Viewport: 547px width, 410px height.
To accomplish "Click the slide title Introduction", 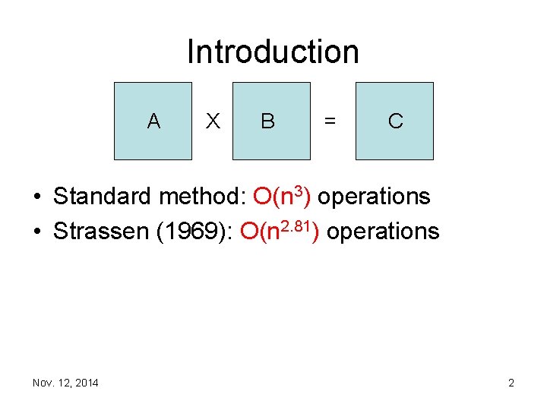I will coord(273,52).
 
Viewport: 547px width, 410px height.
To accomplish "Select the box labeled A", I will coord(153,121).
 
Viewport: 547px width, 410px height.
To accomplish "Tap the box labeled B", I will coord(270,121).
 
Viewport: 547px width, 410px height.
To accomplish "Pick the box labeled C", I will coord(394,121).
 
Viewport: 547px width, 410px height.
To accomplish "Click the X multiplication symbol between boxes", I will coord(213,121).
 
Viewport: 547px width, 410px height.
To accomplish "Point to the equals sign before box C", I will coord(330,121).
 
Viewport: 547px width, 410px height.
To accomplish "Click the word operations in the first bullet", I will coord(375,197).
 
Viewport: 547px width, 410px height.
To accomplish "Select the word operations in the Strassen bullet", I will coord(383,231).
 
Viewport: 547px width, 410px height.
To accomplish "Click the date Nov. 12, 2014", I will coord(65,383).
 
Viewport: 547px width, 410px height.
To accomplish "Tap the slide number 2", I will coord(511,383).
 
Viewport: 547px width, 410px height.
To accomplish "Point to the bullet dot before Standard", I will coord(37,197).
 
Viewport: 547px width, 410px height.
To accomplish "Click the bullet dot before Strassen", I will coord(37,232).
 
